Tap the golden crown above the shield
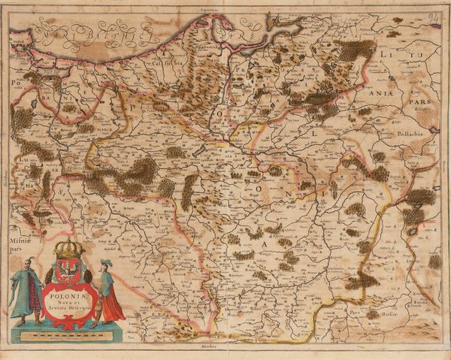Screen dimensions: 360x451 68,249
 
